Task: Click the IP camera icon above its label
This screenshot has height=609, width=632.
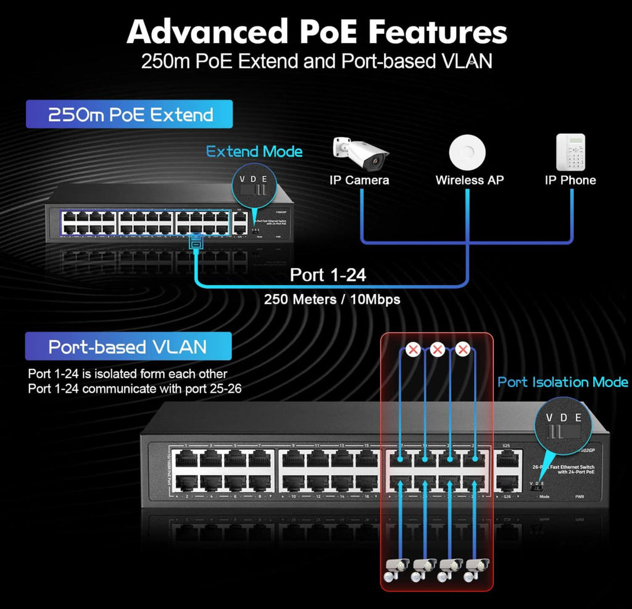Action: pos(360,153)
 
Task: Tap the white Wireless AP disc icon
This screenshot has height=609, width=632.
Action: pos(467,152)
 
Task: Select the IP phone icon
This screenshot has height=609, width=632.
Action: pos(570,152)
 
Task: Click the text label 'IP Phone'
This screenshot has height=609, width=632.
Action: pos(570,180)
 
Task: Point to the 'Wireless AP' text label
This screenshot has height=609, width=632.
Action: pos(469,180)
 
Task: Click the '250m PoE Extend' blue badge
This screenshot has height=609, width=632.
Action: pos(130,114)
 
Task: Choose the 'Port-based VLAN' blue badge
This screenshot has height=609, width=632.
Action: pos(128,346)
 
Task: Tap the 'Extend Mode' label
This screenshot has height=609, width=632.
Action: pos(254,152)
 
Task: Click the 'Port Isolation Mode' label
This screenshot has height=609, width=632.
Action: pos(563,382)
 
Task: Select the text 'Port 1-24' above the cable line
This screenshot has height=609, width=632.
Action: pos(328,274)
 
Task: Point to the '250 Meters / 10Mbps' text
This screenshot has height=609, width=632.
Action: pos(332,300)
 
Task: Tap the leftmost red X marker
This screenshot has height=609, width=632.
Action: pos(414,350)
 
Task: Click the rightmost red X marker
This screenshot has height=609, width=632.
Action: pos(463,350)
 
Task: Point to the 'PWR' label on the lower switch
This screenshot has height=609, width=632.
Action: pos(579,496)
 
